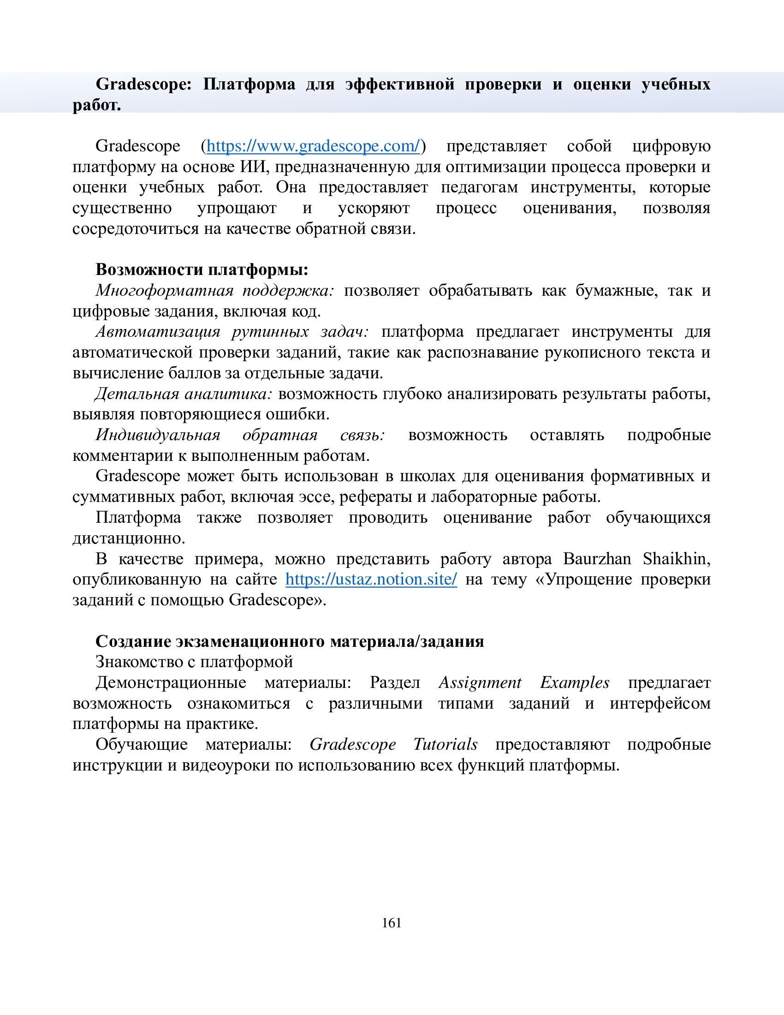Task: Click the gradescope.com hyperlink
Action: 313,146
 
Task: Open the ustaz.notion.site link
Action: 371,579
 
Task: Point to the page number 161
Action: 392,923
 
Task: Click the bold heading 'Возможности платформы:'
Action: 202,269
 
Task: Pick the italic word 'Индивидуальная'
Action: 158,435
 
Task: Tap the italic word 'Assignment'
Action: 480,683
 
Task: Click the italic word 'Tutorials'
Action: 445,745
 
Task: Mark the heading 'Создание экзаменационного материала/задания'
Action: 290,641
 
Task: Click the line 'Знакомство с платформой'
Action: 194,662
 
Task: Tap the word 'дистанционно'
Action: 129,538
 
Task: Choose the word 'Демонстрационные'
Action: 171,683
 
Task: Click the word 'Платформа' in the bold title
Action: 249,84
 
